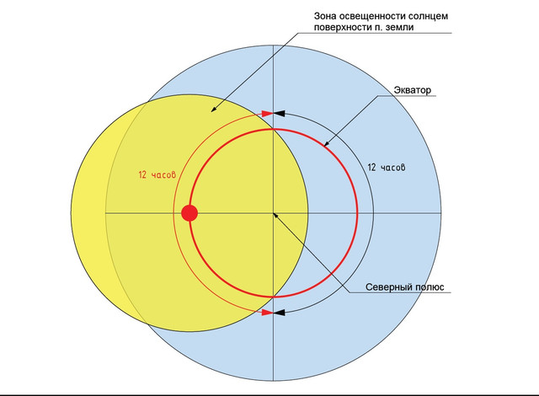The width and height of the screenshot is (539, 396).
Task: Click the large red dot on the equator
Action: click(x=189, y=213)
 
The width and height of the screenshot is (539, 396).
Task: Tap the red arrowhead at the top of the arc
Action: click(x=268, y=114)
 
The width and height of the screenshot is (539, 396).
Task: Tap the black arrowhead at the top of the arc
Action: click(x=279, y=114)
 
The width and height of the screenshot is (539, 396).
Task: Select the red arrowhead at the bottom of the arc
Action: click(x=268, y=313)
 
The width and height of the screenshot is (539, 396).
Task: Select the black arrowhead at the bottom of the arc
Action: click(x=279, y=313)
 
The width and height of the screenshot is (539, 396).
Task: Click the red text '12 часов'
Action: click(x=157, y=174)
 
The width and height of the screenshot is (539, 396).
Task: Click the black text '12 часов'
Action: click(x=387, y=168)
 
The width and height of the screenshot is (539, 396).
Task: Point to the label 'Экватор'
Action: click(x=412, y=90)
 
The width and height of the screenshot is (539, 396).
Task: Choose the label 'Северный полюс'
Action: click(x=404, y=287)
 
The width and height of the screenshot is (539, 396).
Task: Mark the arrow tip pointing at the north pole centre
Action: click(x=274, y=213)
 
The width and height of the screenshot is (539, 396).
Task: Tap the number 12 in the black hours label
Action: click(x=371, y=168)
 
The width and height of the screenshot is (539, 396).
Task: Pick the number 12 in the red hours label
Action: click(x=142, y=174)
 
